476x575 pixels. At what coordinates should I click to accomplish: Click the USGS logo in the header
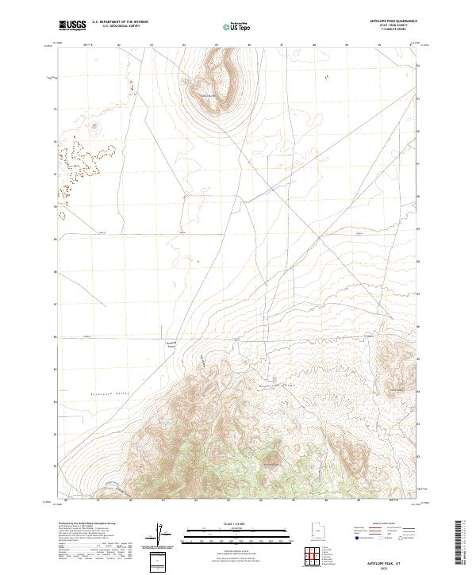coord(72,26)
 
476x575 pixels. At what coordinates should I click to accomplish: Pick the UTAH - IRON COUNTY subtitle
coord(400,26)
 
